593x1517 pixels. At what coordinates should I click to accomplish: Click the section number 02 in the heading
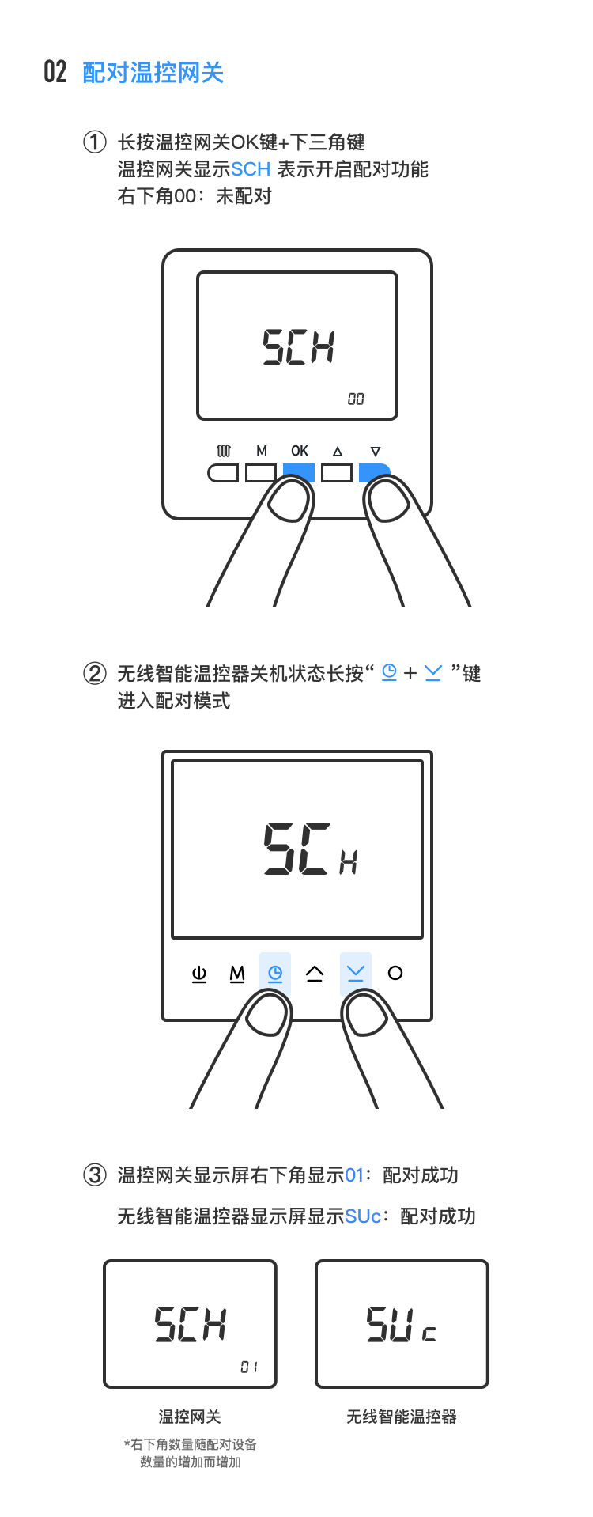[x=55, y=72]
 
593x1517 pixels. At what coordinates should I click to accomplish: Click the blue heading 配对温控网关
[x=153, y=73]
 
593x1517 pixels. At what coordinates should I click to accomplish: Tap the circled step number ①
[x=94, y=142]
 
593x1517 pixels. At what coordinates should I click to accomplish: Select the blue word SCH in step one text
[x=251, y=169]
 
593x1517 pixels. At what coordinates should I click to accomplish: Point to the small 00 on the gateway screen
[x=356, y=399]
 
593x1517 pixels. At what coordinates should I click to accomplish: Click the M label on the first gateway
[x=262, y=451]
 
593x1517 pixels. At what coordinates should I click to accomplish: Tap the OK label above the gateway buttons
[x=300, y=451]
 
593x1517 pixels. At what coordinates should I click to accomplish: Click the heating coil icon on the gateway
[x=224, y=451]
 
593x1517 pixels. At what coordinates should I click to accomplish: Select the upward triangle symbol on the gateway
[x=338, y=452]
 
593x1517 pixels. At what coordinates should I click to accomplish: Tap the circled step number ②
[x=94, y=674]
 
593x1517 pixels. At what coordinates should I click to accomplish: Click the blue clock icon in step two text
[x=389, y=673]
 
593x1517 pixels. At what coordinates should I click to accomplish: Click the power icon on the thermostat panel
[x=199, y=974]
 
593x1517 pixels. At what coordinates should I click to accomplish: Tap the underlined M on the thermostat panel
[x=237, y=974]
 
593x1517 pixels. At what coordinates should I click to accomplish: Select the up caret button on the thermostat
[x=315, y=974]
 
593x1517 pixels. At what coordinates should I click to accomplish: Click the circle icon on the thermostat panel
[x=395, y=973]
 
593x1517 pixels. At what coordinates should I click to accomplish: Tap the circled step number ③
[x=94, y=1175]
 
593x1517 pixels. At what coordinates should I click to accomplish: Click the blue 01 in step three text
[x=354, y=1175]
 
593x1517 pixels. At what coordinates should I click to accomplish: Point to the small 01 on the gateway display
[x=249, y=1367]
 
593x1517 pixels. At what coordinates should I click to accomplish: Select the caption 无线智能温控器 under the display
[x=402, y=1417]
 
